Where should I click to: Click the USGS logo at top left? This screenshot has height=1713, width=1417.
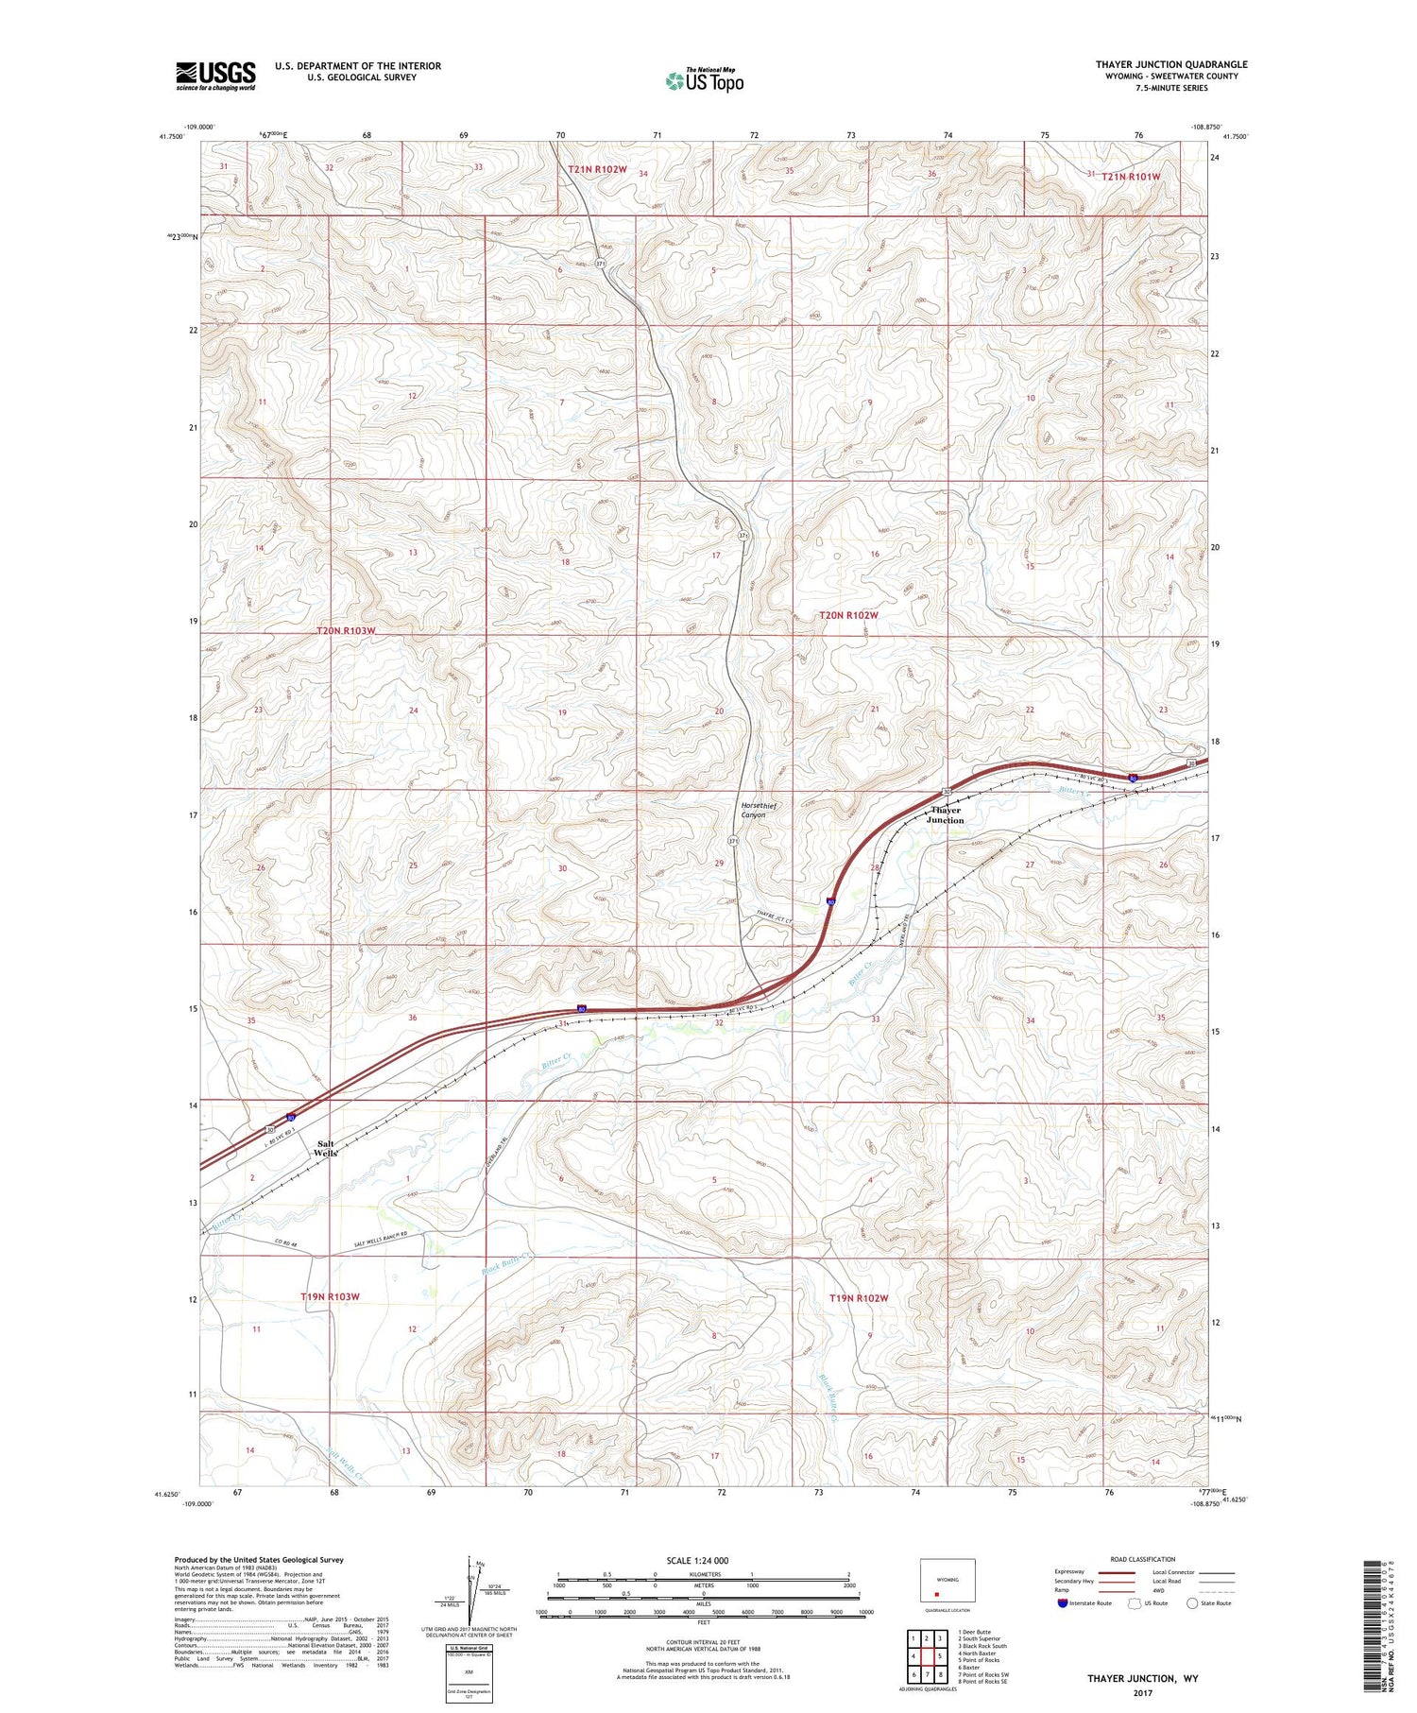[x=215, y=75]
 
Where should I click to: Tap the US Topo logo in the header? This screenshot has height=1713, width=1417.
[x=704, y=80]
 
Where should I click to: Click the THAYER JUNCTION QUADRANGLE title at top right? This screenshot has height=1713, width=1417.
[x=1170, y=64]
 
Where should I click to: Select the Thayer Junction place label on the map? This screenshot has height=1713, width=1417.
[x=945, y=814]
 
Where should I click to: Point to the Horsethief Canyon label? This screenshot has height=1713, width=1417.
[x=753, y=810]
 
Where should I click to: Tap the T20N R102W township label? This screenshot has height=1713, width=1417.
[x=847, y=615]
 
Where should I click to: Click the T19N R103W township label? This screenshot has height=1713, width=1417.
[x=330, y=1296]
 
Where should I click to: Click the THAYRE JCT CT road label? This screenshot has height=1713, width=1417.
[x=773, y=917]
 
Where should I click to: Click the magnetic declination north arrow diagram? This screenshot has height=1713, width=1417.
[x=469, y=1585]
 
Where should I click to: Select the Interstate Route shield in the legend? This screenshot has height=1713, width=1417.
[x=1064, y=1603]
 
